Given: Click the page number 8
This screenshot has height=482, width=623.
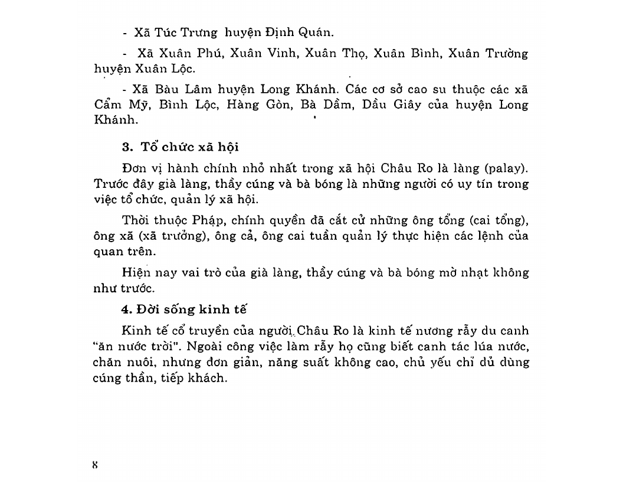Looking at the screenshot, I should (x=94, y=464).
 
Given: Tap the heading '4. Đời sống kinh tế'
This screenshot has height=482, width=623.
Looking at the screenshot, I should (x=183, y=309).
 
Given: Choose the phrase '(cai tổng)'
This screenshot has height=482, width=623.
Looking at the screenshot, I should (x=499, y=221).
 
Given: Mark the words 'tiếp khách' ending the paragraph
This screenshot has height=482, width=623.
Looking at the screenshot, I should (x=197, y=377).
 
